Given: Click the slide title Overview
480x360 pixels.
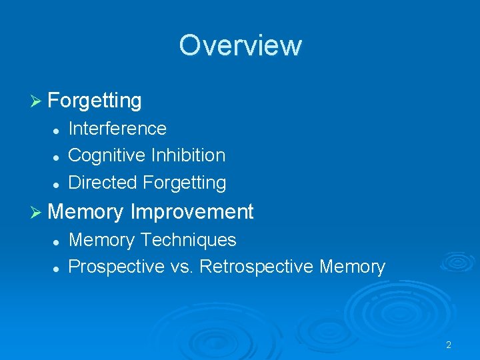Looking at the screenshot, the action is click(x=240, y=45).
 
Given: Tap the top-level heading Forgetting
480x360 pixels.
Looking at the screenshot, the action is click(x=95, y=101).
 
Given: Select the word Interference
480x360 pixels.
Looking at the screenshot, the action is click(x=117, y=128).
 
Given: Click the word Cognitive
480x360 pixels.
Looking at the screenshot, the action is click(x=107, y=155).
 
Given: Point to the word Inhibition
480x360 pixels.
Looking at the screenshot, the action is click(x=188, y=155).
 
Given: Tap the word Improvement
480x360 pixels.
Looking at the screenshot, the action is click(x=192, y=212).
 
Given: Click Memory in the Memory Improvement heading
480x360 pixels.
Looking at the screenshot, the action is click(x=86, y=212).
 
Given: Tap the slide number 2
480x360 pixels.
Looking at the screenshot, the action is click(x=449, y=345).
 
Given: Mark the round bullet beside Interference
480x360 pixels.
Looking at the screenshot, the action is click(x=57, y=129).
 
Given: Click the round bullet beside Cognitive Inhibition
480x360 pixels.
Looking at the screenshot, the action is click(x=57, y=157).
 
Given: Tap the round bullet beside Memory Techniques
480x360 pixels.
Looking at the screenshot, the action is click(x=57, y=241).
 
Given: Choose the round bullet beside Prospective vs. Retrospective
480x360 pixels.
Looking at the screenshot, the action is click(x=57, y=268).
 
